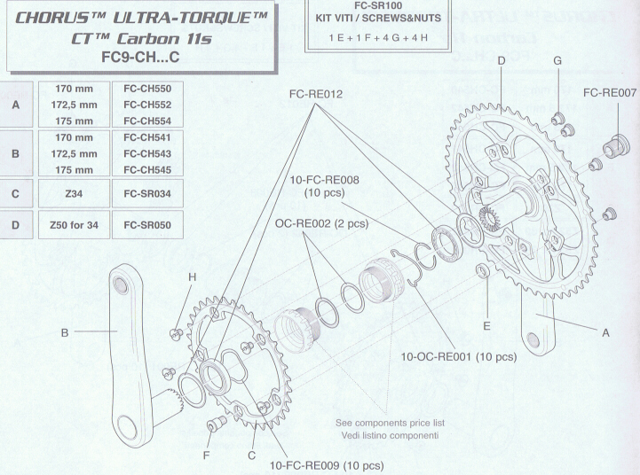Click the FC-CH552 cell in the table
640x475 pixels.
tap(147, 105)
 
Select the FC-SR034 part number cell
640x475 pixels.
tap(147, 193)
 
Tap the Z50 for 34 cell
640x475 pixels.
tap(74, 225)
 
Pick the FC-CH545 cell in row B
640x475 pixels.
tap(147, 170)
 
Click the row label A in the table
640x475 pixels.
tap(15, 105)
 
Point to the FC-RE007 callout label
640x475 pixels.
tap(610, 93)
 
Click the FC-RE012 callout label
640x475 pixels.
tap(315, 94)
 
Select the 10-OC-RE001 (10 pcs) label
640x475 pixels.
tap(459, 357)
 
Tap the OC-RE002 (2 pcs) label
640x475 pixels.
tap(321, 223)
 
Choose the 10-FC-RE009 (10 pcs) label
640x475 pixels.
tap(327, 465)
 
